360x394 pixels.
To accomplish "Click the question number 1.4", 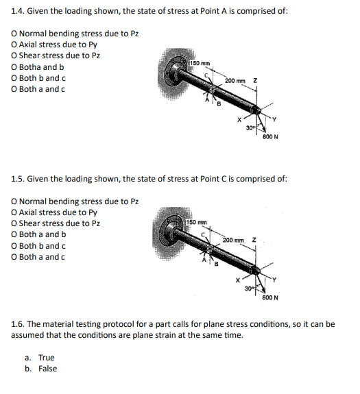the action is pos(18,11).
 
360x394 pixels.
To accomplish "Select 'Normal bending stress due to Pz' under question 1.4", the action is pos(79,34).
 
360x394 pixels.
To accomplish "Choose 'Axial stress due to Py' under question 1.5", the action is pos(58,212).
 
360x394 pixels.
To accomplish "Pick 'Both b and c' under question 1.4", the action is pos(43,78).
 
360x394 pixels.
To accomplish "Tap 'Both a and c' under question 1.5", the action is pos(42,257).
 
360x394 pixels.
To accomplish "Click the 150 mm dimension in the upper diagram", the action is pos(200,63).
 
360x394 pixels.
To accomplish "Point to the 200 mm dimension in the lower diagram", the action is pos(233,241).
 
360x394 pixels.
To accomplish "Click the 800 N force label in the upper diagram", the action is pos(270,137).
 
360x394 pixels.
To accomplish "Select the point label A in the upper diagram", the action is pos(207,100).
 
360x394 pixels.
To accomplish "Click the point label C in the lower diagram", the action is pos(204,234).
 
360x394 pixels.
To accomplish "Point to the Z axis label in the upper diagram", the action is pos(255,81).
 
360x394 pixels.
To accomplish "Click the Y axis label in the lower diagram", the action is pos(274,280).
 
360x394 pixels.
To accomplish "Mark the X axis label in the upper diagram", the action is pos(239,120).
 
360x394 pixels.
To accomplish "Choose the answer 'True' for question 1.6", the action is pos(46,358).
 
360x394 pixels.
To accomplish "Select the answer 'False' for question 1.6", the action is pos(47,369).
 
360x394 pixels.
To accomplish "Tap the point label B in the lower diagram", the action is pos(216,264).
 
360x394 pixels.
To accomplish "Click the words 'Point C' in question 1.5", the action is pos(214,179).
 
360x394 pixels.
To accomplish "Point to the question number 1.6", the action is pos(18,324).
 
